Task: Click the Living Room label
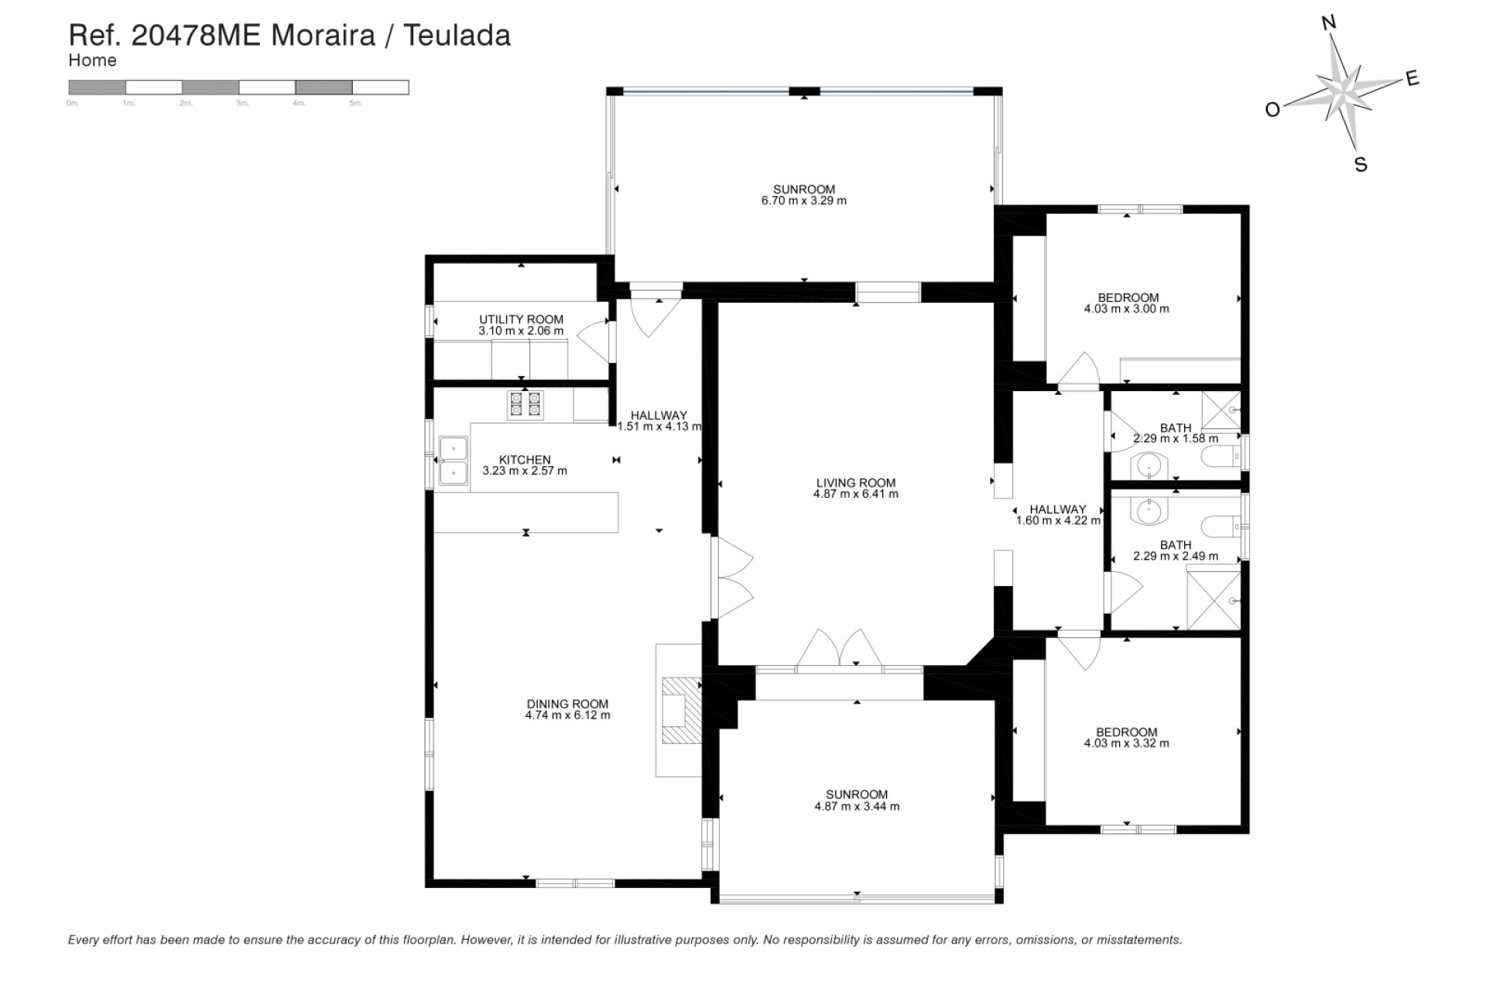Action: [x=855, y=482]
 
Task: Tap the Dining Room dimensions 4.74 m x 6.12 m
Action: [x=567, y=715]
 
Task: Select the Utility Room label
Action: [x=521, y=319]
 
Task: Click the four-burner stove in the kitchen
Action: [x=524, y=405]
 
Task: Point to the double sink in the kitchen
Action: [x=453, y=461]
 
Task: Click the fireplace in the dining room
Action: [x=681, y=711]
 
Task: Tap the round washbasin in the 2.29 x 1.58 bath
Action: [x=1149, y=466]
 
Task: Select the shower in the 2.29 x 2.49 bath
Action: [x=1214, y=600]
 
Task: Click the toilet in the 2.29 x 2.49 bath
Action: [x=1224, y=526]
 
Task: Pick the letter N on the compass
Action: [x=1329, y=23]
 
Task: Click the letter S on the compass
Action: [x=1361, y=165]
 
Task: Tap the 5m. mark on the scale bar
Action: [x=355, y=104]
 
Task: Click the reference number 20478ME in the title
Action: [x=197, y=36]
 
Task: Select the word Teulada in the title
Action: [x=457, y=36]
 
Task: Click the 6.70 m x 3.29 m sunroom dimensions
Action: [x=803, y=201]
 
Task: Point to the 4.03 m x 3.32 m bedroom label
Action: [x=1126, y=732]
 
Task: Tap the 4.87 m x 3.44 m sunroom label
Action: [x=856, y=794]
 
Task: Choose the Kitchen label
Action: [x=525, y=460]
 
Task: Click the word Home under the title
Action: [x=92, y=60]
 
